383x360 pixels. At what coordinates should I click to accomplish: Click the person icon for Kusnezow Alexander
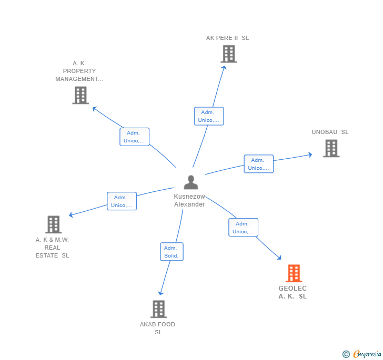[x=190, y=182]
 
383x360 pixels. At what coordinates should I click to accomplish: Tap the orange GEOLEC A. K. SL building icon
[x=294, y=273]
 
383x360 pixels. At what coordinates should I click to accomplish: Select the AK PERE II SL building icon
[x=228, y=54]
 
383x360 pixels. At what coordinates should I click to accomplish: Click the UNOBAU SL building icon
[x=331, y=148]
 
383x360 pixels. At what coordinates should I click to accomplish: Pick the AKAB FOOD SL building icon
[x=158, y=309]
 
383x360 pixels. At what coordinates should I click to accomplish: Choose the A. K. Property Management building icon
[x=80, y=95]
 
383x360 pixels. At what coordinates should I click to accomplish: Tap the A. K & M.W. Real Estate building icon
[x=53, y=224]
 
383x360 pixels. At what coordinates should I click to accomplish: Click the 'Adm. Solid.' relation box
[x=172, y=252]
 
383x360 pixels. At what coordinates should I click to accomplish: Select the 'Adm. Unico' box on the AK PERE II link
[x=209, y=116]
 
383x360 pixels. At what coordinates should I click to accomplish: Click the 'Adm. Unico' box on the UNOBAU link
[x=259, y=164]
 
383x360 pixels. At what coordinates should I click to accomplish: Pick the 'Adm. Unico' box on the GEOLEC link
[x=243, y=228]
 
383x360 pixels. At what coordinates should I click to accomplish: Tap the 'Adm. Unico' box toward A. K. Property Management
[x=135, y=137]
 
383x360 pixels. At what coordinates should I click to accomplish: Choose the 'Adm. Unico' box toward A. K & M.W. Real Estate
[x=122, y=201]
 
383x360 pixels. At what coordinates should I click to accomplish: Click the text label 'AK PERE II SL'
[x=228, y=38]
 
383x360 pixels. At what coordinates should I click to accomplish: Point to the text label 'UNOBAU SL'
[x=330, y=132]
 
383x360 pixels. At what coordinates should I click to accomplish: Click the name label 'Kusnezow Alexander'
[x=189, y=200]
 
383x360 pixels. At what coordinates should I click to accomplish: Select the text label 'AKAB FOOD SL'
[x=158, y=328]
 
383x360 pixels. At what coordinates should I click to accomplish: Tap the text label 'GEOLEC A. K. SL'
[x=293, y=292]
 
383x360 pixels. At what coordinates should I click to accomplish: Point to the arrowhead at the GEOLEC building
[x=279, y=258]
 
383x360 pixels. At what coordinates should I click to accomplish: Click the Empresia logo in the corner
[x=362, y=354]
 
